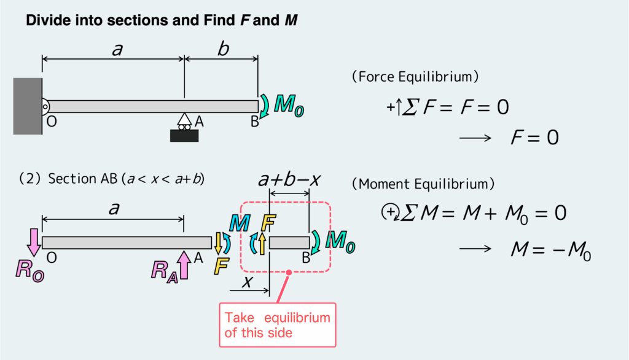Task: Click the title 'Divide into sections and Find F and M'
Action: coord(162,21)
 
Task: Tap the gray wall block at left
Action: coord(28,106)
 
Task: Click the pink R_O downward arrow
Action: coord(33,243)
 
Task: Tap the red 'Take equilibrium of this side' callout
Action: coord(278,326)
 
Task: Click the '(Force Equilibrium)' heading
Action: coord(415,77)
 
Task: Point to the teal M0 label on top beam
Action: coord(287,106)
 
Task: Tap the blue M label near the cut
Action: coord(237,223)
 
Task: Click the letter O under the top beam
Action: coord(52,122)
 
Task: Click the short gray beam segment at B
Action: coord(289,243)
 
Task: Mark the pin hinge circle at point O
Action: coord(44,106)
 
